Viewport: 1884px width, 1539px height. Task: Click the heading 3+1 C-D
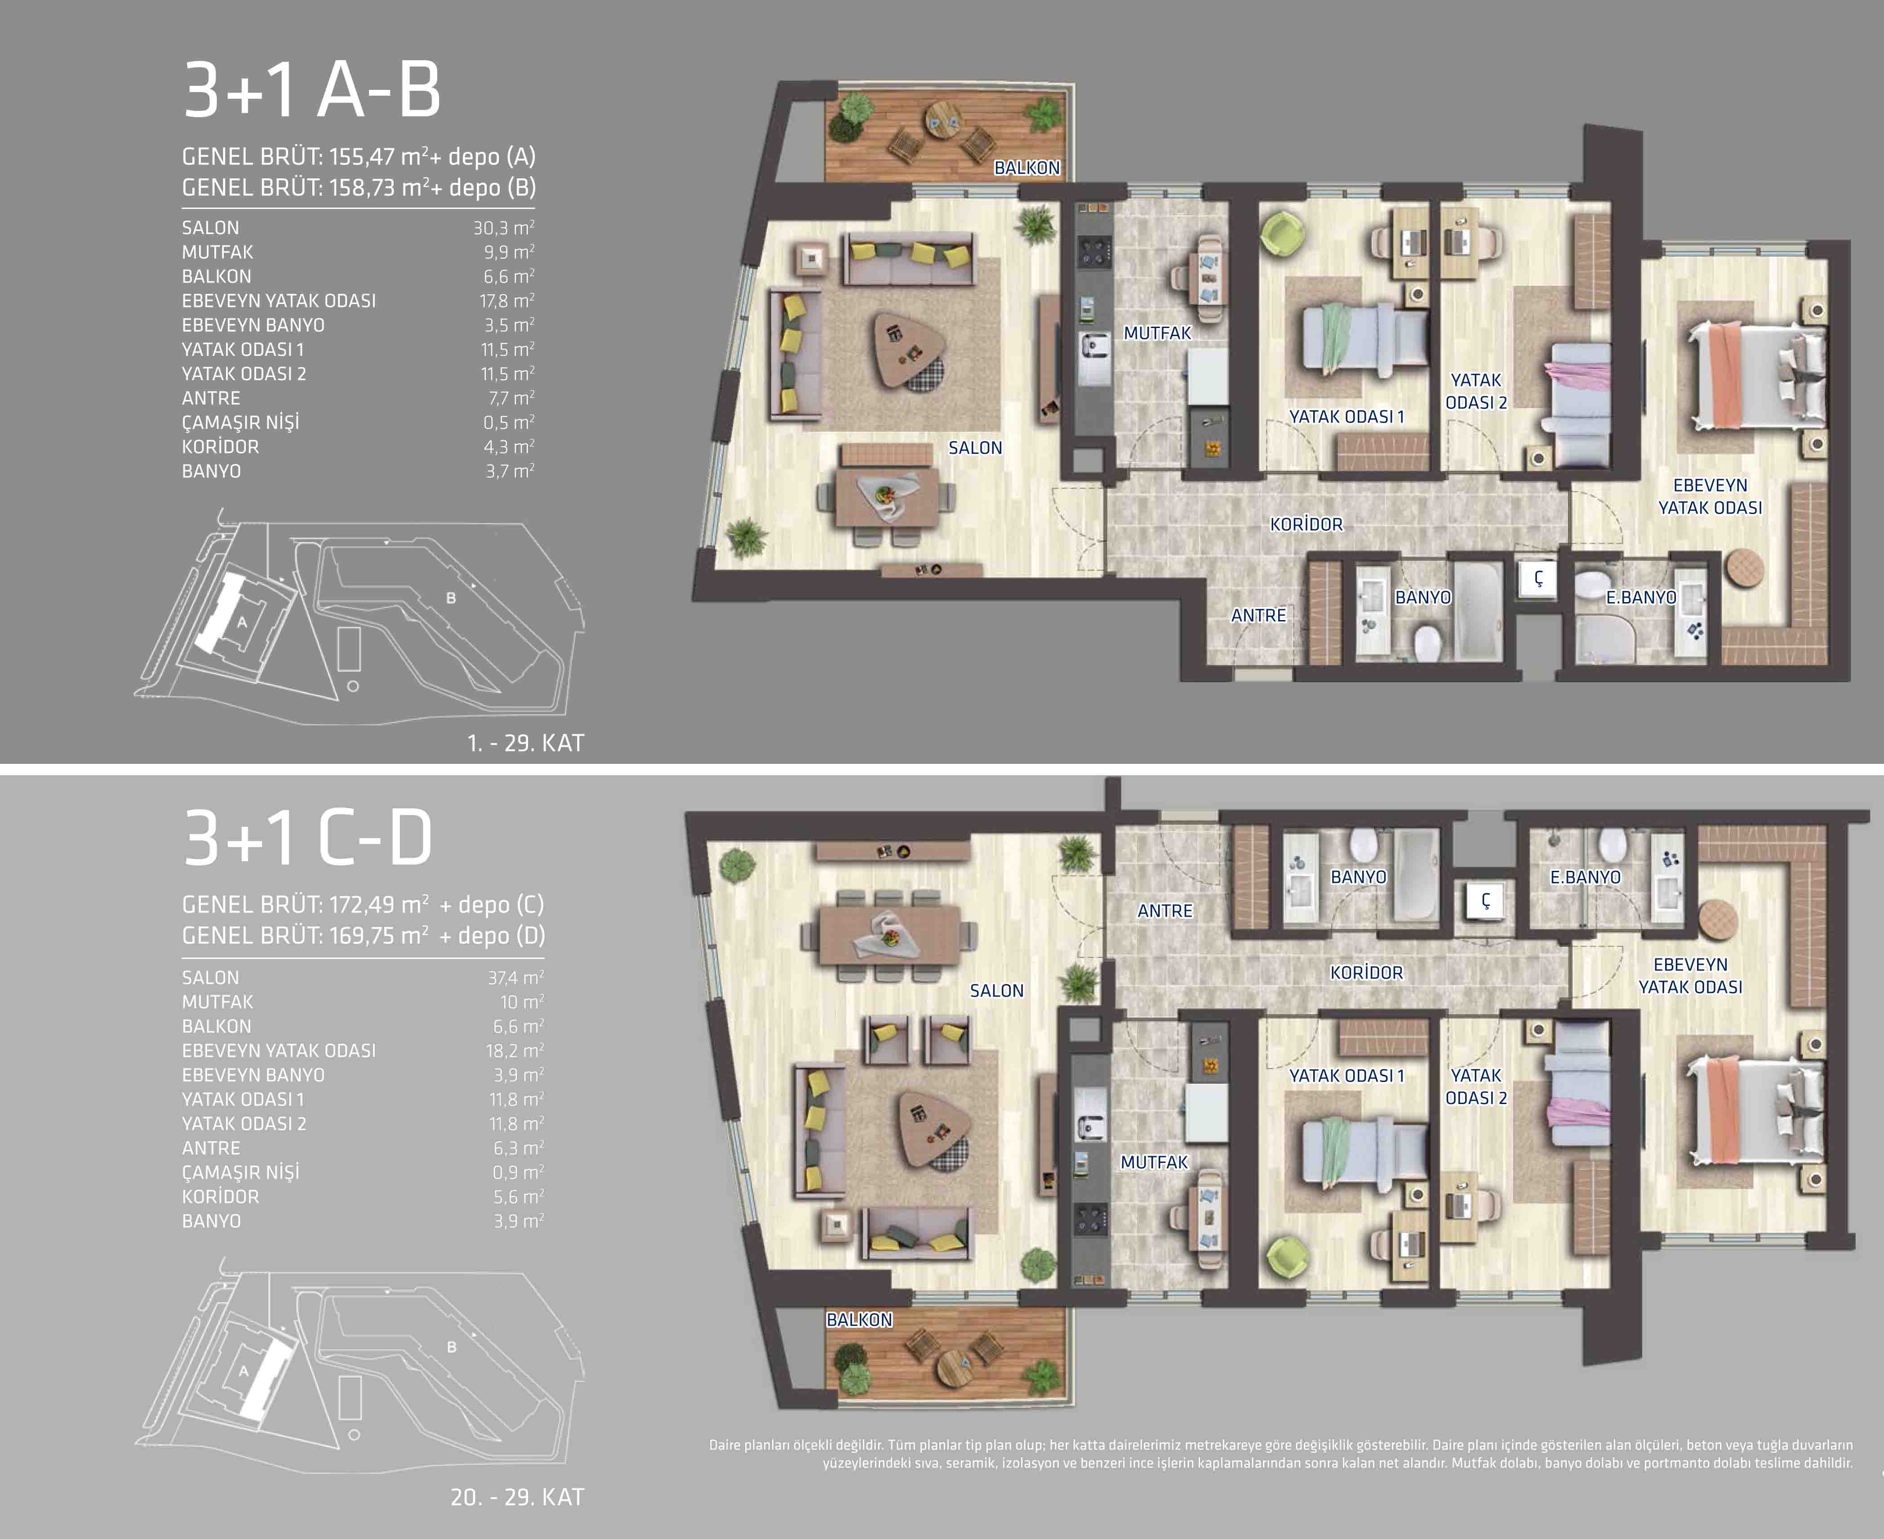pos(308,838)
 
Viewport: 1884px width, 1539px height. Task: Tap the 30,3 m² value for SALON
pos(503,228)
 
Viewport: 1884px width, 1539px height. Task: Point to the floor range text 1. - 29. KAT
pos(526,743)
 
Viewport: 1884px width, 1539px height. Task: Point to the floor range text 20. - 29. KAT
pos(518,1497)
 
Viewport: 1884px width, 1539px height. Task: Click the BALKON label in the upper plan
pos(1026,168)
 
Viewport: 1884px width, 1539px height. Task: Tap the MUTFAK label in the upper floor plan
pos(1157,333)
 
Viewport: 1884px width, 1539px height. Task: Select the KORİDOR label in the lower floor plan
pos(1366,972)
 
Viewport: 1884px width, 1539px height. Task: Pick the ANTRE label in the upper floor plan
pos(1258,615)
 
